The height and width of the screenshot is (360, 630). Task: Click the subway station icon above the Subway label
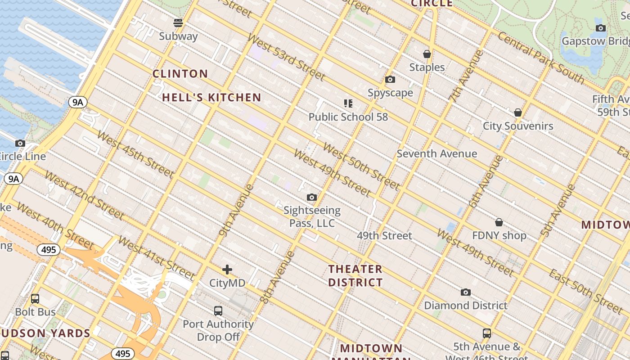pyautogui.click(x=178, y=22)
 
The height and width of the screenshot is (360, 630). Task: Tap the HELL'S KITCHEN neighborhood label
pyautogui.click(x=211, y=97)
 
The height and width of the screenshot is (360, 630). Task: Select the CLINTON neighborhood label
pyautogui.click(x=180, y=74)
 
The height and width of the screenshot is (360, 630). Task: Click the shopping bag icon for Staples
pyautogui.click(x=427, y=54)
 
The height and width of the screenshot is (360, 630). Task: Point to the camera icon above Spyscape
pyautogui.click(x=390, y=80)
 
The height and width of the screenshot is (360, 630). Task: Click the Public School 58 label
pyautogui.click(x=348, y=117)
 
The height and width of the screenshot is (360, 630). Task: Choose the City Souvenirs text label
pyautogui.click(x=518, y=126)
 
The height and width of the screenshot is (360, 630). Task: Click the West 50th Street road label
pyautogui.click(x=361, y=166)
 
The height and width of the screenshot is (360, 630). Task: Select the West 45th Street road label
pyautogui.click(x=135, y=154)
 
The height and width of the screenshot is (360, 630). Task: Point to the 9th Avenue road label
pyautogui.click(x=236, y=210)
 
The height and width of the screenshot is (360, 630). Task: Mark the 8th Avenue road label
pyautogui.click(x=277, y=277)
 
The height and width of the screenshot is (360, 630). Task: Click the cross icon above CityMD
pyautogui.click(x=227, y=270)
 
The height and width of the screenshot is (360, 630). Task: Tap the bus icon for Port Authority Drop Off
pyautogui.click(x=218, y=310)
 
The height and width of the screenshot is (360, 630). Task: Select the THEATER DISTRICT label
pyautogui.click(x=355, y=276)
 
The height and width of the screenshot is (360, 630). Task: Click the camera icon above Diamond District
pyautogui.click(x=466, y=292)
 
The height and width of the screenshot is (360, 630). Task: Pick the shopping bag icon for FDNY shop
pyautogui.click(x=499, y=222)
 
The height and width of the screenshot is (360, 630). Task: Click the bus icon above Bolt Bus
pyautogui.click(x=35, y=299)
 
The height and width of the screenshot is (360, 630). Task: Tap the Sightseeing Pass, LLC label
pyautogui.click(x=312, y=216)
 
